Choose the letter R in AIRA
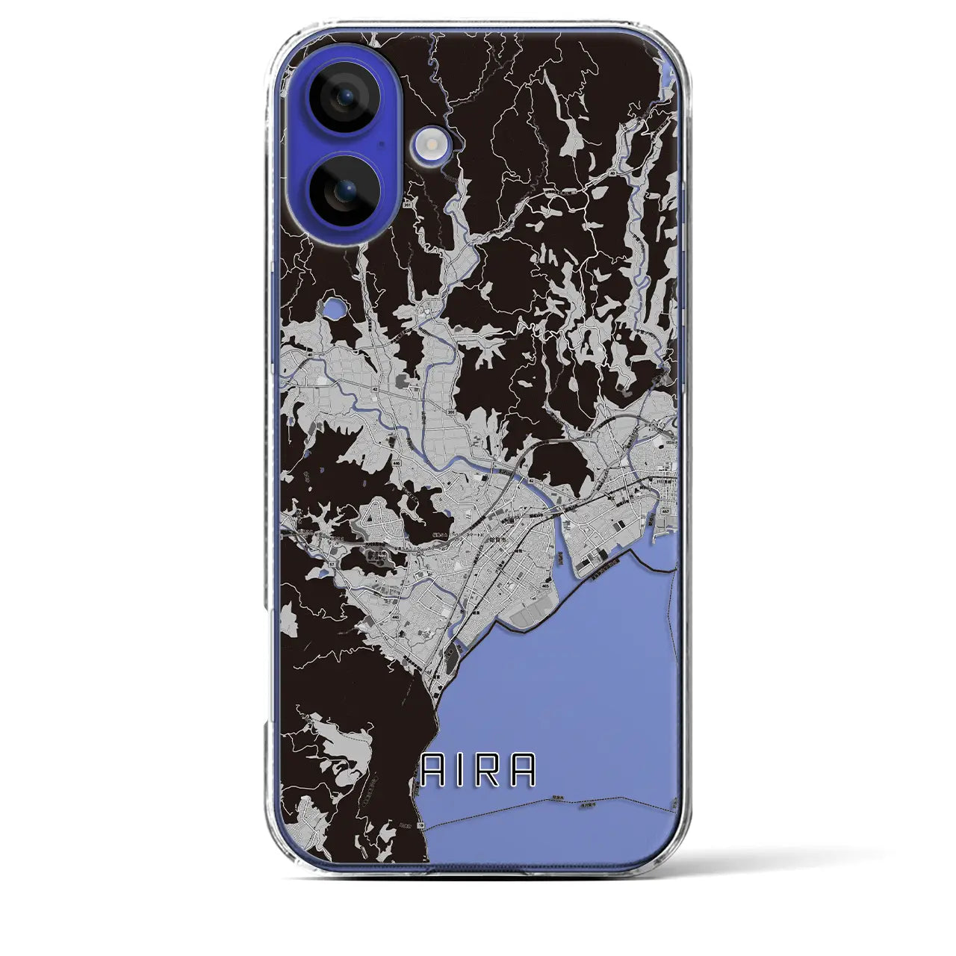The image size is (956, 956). (x=485, y=770)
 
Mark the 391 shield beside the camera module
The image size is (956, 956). (x=408, y=203)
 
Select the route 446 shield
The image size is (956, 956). (x=397, y=463)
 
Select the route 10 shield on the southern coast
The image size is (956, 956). (x=420, y=825)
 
